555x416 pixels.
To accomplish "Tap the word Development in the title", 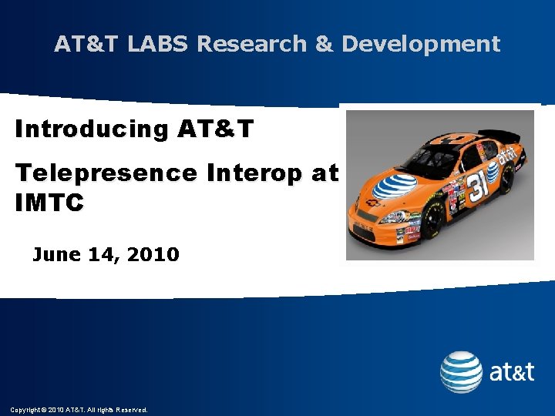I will [421, 44].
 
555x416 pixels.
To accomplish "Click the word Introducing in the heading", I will [91, 129].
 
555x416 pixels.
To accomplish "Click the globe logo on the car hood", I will [395, 185].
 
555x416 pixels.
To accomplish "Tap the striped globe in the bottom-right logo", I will [461, 372].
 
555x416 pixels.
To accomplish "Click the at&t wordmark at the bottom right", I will [512, 373].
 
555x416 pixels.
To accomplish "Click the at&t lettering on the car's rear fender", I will [506, 157].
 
